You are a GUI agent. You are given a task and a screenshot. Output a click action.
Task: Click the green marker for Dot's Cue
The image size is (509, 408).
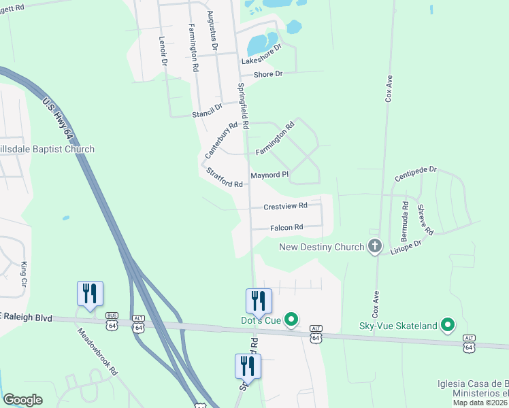click(291, 319)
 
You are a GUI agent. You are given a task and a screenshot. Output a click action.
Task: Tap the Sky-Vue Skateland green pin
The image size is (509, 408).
click(447, 326)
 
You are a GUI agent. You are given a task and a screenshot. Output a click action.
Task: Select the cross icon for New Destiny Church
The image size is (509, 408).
click(374, 246)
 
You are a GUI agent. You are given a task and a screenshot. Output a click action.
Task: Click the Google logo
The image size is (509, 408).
click(22, 400)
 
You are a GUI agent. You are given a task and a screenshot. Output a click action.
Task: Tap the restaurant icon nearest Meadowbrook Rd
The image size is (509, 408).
click(90, 294)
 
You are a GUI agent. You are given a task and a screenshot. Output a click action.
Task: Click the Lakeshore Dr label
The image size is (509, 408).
click(261, 55)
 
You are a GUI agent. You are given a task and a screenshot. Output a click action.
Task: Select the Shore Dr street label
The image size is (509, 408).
click(267, 74)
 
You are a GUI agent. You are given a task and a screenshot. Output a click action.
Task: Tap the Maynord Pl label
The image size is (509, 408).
click(269, 175)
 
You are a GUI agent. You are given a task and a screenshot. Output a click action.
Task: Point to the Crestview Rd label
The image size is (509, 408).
click(285, 205)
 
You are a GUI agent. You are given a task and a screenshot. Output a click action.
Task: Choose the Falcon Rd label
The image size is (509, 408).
click(286, 228)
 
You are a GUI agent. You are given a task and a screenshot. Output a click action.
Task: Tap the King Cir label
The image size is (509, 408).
click(24, 272)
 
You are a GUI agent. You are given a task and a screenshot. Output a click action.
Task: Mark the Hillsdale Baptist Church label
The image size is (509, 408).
click(47, 149)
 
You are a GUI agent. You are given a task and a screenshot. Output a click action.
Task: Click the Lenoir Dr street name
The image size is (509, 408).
click(163, 50)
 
